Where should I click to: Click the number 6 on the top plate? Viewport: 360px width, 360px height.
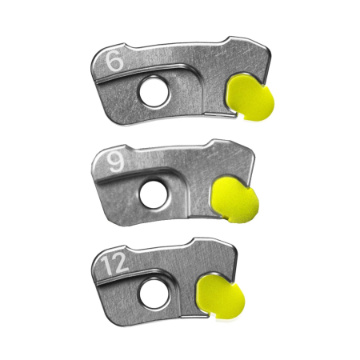114,61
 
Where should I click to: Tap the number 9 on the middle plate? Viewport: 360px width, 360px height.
116,162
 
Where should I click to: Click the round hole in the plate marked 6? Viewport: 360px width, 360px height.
154,92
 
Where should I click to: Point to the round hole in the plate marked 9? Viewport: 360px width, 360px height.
154,194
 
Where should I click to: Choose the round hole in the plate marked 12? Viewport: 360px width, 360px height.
154,294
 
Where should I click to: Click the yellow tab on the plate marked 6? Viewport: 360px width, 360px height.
250,98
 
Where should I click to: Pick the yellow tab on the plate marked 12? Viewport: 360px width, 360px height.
220,297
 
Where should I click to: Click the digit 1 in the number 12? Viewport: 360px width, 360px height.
106,265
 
